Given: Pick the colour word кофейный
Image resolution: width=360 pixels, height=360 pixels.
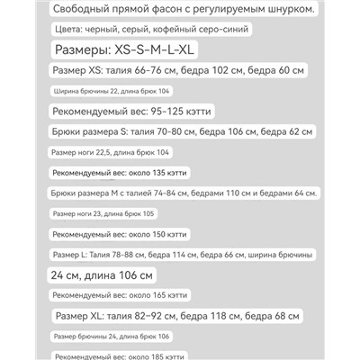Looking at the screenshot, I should (193, 30).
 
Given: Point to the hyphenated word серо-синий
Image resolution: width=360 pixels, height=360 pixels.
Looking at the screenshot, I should (249, 30).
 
